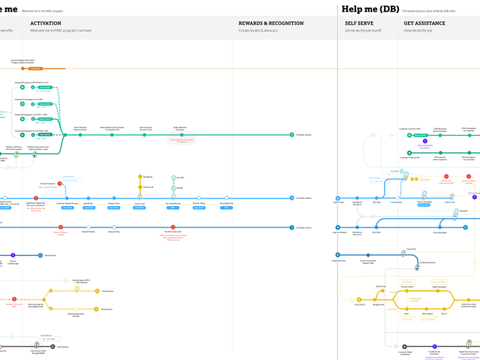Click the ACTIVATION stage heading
click(x=46, y=23)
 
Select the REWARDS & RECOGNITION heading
click(x=271, y=23)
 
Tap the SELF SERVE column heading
click(x=359, y=23)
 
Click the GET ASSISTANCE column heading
click(x=424, y=23)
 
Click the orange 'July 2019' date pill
click(x=36, y=69)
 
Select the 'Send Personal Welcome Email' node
click(x=80, y=134)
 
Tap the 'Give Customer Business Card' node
click(x=145, y=134)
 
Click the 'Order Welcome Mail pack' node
click(x=180, y=134)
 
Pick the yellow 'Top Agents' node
click(x=140, y=176)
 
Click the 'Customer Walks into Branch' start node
click(x=405, y=347)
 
